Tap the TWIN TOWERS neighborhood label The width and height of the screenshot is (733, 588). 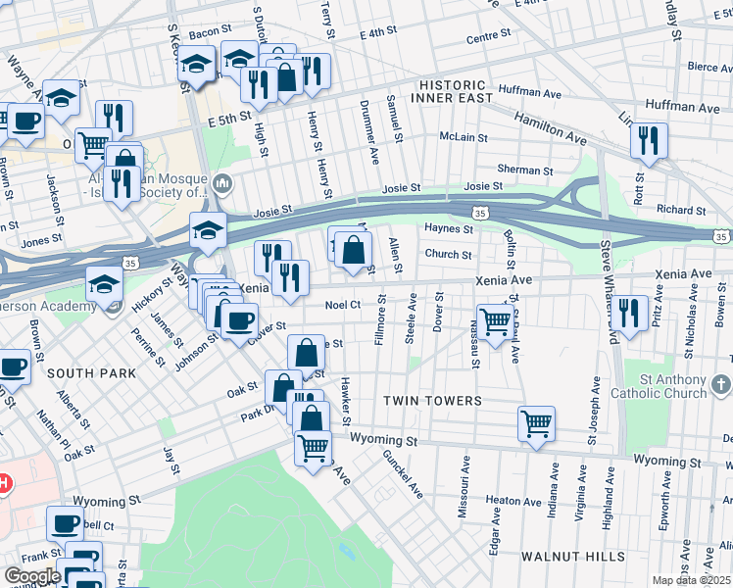[432, 401]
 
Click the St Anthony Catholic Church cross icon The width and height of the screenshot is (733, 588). [721, 382]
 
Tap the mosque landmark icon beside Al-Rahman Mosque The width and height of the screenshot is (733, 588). [223, 183]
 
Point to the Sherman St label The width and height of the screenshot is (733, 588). [520, 169]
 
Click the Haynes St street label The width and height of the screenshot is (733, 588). [449, 229]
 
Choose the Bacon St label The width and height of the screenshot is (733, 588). [209, 33]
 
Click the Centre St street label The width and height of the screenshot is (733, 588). [489, 37]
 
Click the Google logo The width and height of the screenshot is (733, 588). [32, 576]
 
